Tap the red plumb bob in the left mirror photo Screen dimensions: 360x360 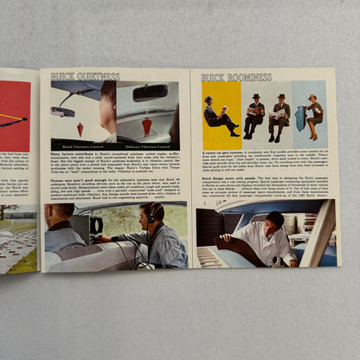[x=80, y=128]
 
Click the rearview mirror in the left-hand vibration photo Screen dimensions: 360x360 [x=63, y=112]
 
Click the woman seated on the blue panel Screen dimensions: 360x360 [x=312, y=118]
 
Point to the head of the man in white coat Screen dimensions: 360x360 [x=275, y=221]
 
